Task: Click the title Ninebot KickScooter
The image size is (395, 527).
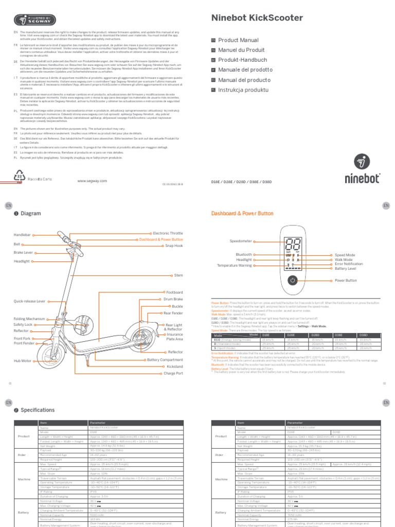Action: click(x=257, y=18)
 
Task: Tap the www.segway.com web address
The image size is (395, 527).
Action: click(x=92, y=181)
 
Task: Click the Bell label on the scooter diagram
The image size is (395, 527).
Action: click(x=17, y=244)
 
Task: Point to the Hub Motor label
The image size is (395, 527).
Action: click(x=23, y=361)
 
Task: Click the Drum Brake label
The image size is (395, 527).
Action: click(x=172, y=299)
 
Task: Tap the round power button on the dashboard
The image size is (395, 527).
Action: click(x=292, y=280)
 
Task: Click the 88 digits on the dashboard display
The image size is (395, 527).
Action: click(x=292, y=245)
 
